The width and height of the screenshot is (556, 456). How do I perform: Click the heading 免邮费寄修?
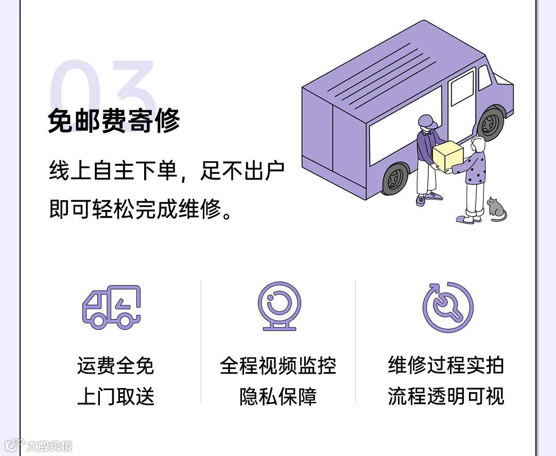click(114, 121)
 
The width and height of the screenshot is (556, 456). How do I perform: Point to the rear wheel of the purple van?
click(395, 178)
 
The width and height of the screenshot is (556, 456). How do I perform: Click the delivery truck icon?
click(112, 307)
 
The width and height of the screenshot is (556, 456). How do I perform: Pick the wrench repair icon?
click(447, 307)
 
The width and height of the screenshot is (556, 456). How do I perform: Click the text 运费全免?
click(115, 366)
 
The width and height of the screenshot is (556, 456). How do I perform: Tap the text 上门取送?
click(115, 396)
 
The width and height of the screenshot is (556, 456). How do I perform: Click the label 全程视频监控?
click(278, 366)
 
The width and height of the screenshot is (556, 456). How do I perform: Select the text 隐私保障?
click(278, 396)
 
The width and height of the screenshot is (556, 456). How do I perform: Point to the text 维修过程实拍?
click(446, 366)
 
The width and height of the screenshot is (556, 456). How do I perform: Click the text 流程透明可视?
click(446, 396)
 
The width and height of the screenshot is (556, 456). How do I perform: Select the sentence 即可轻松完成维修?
click(139, 209)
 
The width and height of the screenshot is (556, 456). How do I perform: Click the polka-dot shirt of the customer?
click(475, 169)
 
